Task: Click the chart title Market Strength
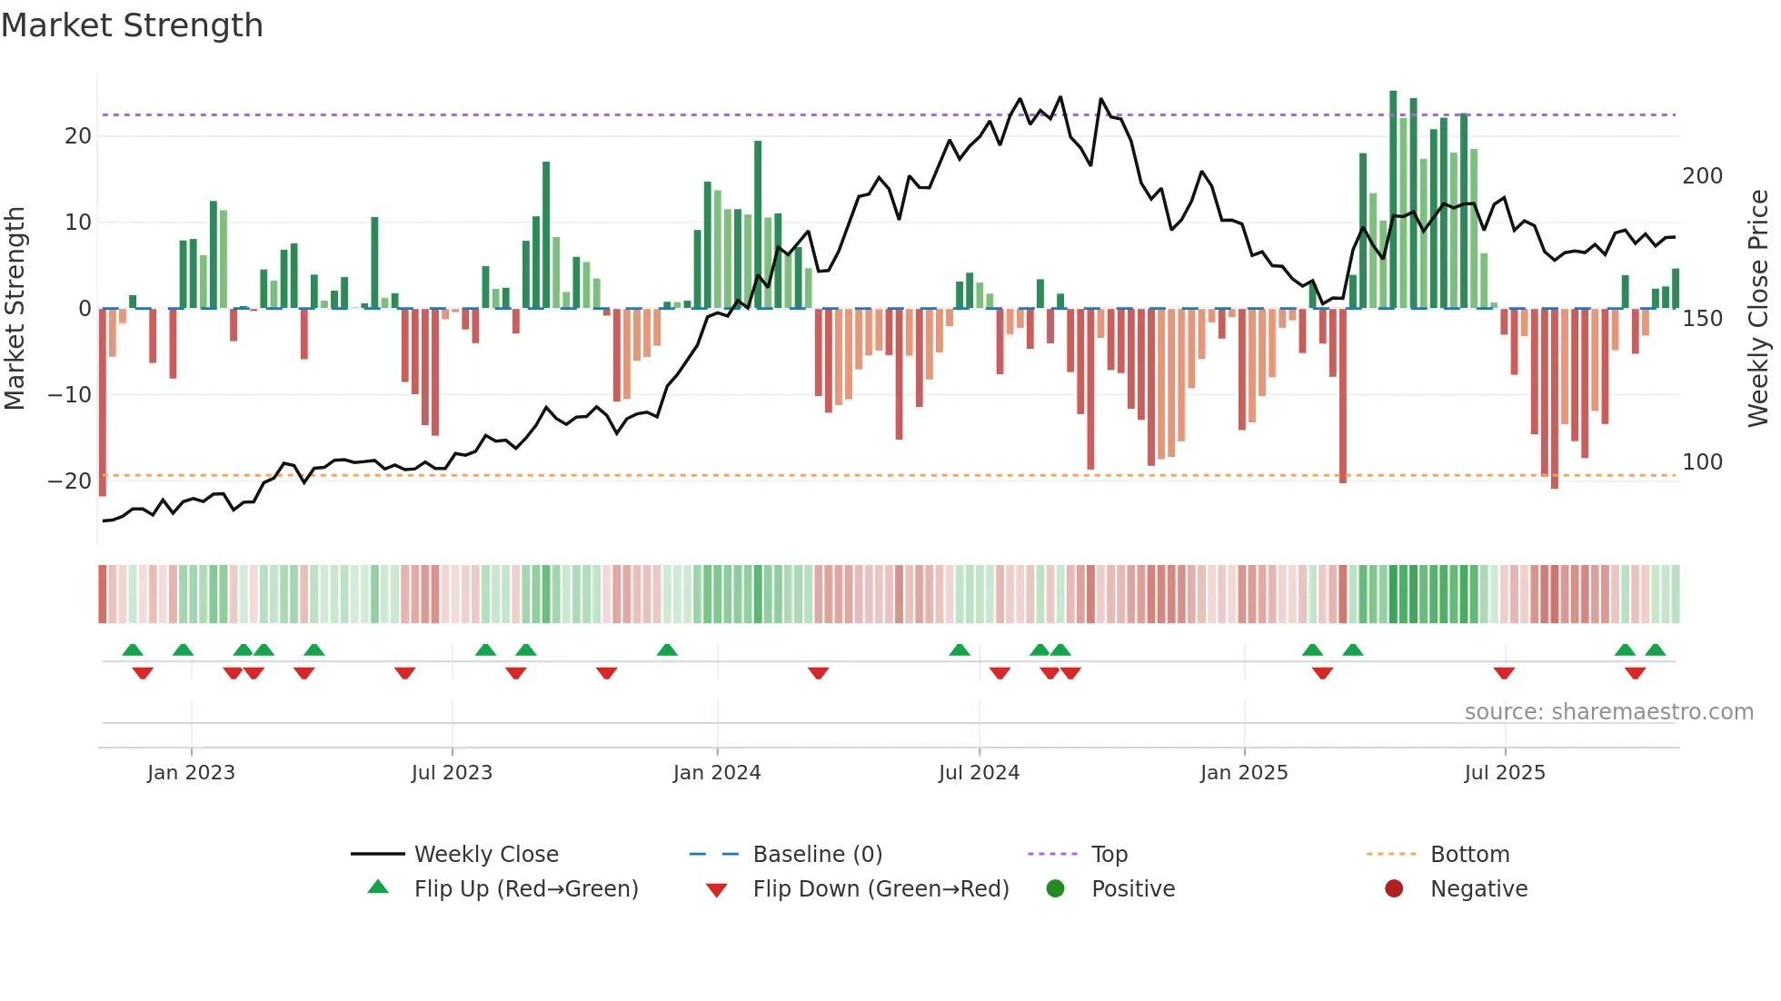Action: click(x=132, y=25)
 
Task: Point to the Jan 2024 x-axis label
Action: click(x=716, y=773)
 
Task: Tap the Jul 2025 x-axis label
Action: click(x=1504, y=773)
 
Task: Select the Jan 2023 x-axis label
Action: click(x=191, y=773)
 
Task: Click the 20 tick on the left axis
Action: click(x=78, y=136)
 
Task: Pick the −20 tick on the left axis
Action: click(x=70, y=481)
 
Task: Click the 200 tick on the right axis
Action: click(x=1702, y=176)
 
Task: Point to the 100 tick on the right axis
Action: click(x=1702, y=462)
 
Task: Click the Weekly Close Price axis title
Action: click(x=1758, y=309)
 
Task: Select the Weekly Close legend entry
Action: click(x=486, y=855)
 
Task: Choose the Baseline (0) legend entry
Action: click(x=817, y=855)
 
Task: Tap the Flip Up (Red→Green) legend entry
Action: click(x=525, y=889)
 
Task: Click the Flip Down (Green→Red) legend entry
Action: click(x=880, y=889)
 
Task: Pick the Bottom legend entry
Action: click(x=1469, y=855)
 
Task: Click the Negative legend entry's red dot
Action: click(x=1394, y=888)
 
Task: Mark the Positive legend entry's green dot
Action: click(x=1055, y=888)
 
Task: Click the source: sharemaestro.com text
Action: click(x=1608, y=712)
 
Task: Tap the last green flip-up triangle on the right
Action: click(x=1655, y=650)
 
